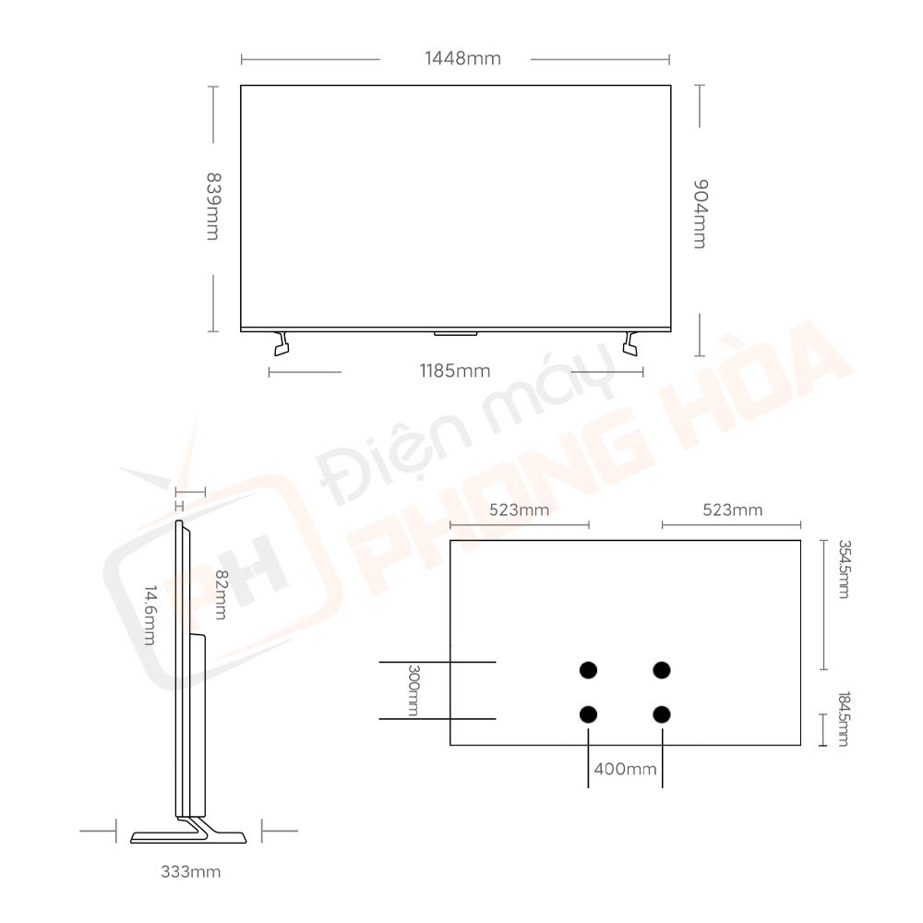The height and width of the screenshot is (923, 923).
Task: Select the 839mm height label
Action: click(212, 206)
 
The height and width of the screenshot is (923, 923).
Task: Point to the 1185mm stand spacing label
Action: click(454, 371)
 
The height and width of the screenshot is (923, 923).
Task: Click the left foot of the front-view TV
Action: click(282, 343)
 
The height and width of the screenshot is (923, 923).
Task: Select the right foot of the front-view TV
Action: click(630, 343)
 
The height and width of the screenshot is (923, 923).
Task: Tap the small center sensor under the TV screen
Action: click(455, 331)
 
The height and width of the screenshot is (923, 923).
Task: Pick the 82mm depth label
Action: click(219, 594)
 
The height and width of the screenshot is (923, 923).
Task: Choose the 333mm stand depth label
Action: click(191, 871)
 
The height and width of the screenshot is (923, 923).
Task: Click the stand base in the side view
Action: click(189, 836)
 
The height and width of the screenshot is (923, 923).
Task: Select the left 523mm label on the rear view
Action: click(519, 509)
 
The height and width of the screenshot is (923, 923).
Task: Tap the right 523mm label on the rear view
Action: click(732, 509)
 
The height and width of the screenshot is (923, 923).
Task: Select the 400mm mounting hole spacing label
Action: click(626, 768)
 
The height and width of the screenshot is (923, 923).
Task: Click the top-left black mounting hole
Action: click(587, 669)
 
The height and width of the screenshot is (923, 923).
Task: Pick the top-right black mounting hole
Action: click(661, 669)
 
